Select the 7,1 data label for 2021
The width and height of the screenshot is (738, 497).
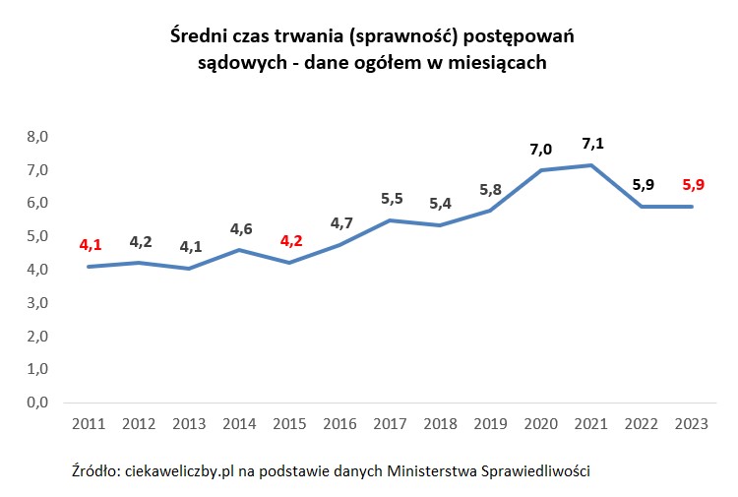point(592,144)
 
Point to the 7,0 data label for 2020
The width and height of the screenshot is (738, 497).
point(541,150)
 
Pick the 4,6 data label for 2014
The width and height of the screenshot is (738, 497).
point(241,229)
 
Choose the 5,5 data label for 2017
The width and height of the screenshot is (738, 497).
point(393,199)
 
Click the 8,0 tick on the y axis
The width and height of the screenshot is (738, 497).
point(36,137)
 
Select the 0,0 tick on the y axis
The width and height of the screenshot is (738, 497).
point(36,403)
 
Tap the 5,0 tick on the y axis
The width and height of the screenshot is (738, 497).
point(36,236)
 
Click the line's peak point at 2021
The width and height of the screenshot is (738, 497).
point(590,165)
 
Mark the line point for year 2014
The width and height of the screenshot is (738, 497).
point(240,250)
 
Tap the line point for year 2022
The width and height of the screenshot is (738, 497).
point(642,207)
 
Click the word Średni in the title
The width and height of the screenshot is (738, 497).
point(195,36)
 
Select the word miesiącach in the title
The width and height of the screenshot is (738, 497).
point(501,62)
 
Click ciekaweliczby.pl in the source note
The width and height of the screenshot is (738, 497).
point(181,471)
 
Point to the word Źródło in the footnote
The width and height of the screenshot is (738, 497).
point(94,471)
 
